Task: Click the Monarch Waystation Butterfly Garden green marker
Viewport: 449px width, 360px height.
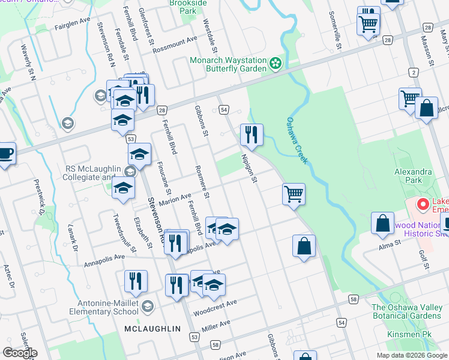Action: pos(276,64)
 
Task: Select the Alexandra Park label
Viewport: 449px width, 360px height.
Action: pos(413,176)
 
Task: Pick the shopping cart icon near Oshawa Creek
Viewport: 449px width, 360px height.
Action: pos(294,194)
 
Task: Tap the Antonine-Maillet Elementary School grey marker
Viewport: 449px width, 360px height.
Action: pos(148,307)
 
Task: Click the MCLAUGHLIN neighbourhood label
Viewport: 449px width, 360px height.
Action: pos(152,329)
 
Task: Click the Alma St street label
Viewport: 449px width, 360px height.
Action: pos(390,245)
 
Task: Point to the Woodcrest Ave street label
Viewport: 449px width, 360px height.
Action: pos(215,308)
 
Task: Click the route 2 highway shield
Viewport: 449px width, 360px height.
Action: pos(413,73)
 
